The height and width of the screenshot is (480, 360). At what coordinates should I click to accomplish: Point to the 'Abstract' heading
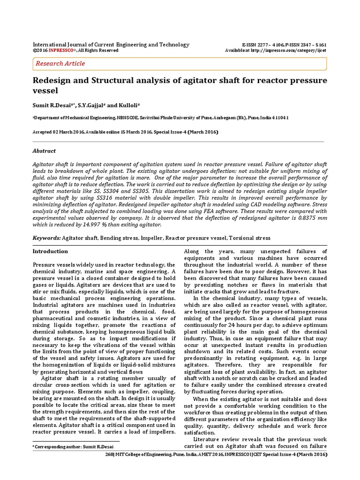point(44,151)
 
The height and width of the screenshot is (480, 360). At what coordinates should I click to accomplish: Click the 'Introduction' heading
point(50,251)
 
